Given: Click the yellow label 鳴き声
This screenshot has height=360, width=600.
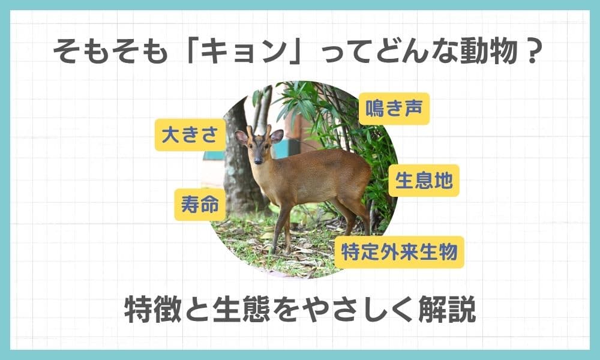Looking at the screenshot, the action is coord(394,109).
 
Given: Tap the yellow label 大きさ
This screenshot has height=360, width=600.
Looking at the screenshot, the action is coord(190,134).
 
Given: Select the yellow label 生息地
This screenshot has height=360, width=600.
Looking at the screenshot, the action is coord(424,181).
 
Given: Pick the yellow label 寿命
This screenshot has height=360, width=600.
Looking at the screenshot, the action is coord(200,205).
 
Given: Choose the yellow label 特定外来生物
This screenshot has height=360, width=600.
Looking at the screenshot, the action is coord(399,253).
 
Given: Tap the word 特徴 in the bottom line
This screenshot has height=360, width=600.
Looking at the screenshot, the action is coord(153,309).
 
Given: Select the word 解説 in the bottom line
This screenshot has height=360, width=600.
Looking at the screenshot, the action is coord(448,309).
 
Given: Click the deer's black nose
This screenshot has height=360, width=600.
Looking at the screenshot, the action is coord(258,161).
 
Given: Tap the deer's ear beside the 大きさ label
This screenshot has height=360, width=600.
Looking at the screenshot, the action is coord(241,137).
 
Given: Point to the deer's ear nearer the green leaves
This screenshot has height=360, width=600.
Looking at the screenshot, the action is coord(277,136).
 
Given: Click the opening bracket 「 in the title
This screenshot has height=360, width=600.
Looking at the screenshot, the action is coord(190,49).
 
